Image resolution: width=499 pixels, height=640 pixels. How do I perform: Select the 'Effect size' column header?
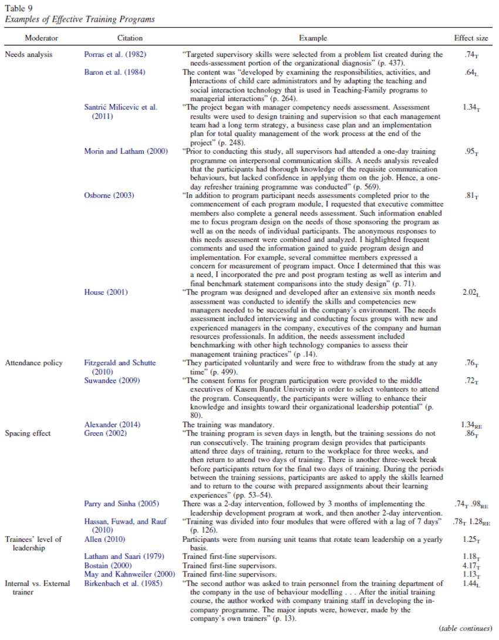coord(471,38)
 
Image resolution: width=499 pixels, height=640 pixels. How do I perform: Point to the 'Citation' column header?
coord(130,38)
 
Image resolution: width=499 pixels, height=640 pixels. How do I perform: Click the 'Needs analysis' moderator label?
coord(29,55)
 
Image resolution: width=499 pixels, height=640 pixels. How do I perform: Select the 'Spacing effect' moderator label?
coord(28,433)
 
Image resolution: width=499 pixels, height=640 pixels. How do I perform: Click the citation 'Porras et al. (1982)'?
coord(116,55)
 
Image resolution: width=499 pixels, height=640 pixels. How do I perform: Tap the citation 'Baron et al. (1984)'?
coord(114,72)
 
